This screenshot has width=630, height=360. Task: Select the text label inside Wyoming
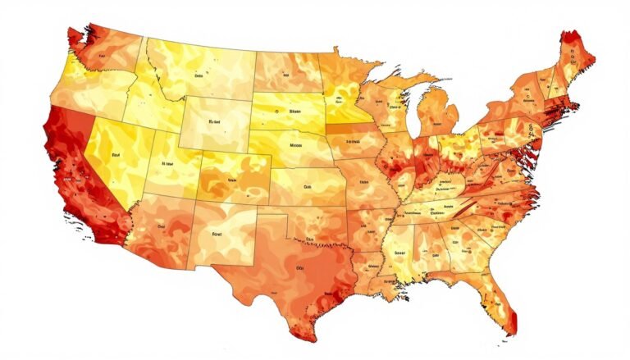click(217, 120)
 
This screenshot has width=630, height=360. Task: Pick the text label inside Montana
click(198, 74)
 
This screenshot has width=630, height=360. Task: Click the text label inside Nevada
click(116, 153)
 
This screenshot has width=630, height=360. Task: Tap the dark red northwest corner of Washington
click(74, 35)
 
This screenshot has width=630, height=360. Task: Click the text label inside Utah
click(169, 163)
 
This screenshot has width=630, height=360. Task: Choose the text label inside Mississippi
click(399, 253)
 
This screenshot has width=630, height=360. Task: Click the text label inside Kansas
click(308, 186)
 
